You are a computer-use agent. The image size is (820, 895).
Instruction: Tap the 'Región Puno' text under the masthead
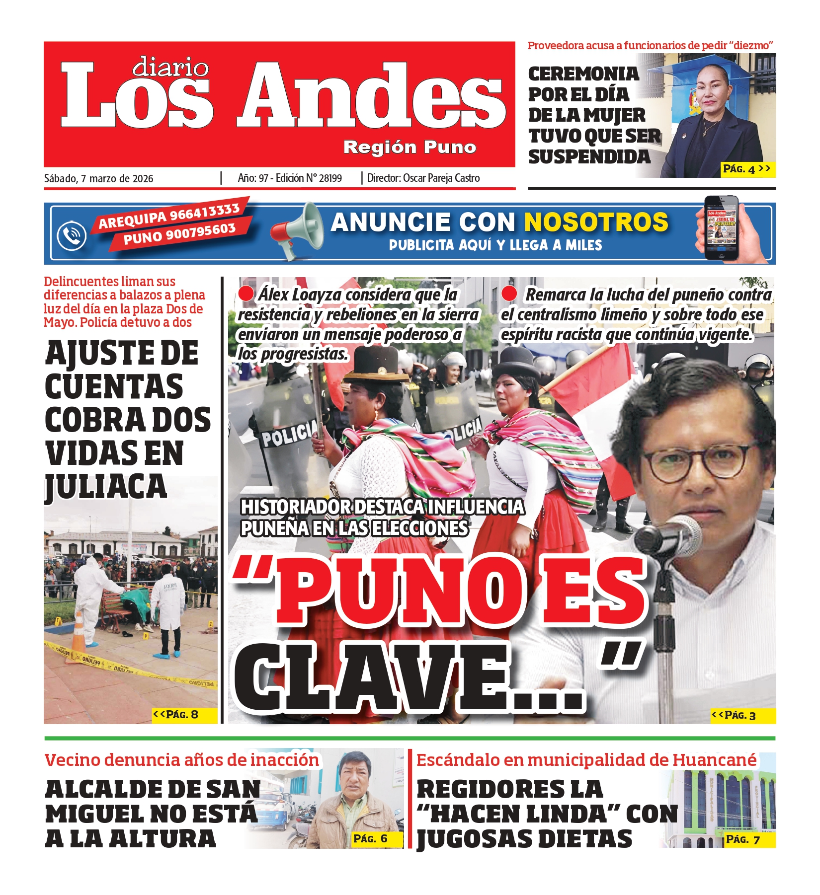coord(410,147)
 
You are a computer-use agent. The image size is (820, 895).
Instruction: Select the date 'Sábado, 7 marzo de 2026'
coord(98,179)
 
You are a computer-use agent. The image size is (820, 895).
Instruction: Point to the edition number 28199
coord(330,178)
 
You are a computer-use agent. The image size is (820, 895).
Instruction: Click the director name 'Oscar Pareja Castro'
coord(441,178)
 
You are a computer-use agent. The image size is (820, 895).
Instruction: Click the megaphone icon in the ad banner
coord(297,230)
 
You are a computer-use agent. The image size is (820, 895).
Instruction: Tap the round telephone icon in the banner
coord(72,235)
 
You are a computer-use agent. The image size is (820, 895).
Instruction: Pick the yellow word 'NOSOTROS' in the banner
coord(596,222)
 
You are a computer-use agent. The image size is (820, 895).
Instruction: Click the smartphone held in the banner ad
coord(721,228)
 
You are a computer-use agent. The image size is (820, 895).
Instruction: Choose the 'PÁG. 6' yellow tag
coord(370,839)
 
